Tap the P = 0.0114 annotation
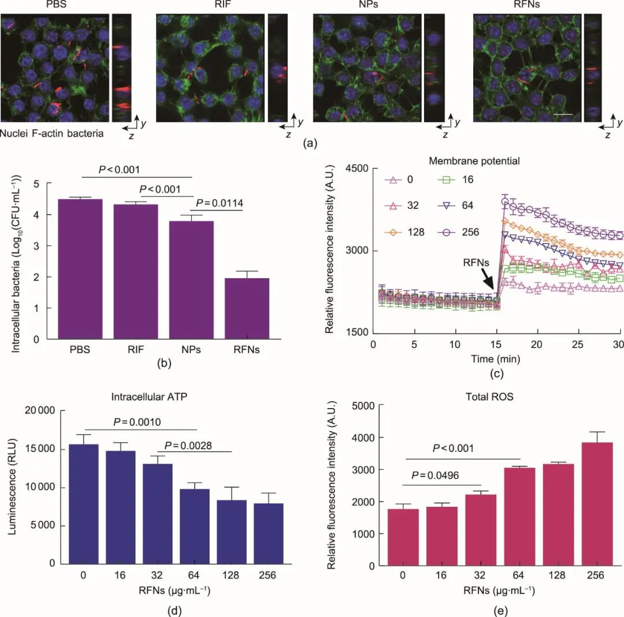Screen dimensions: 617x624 220,203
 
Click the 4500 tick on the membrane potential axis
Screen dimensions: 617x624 358,169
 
